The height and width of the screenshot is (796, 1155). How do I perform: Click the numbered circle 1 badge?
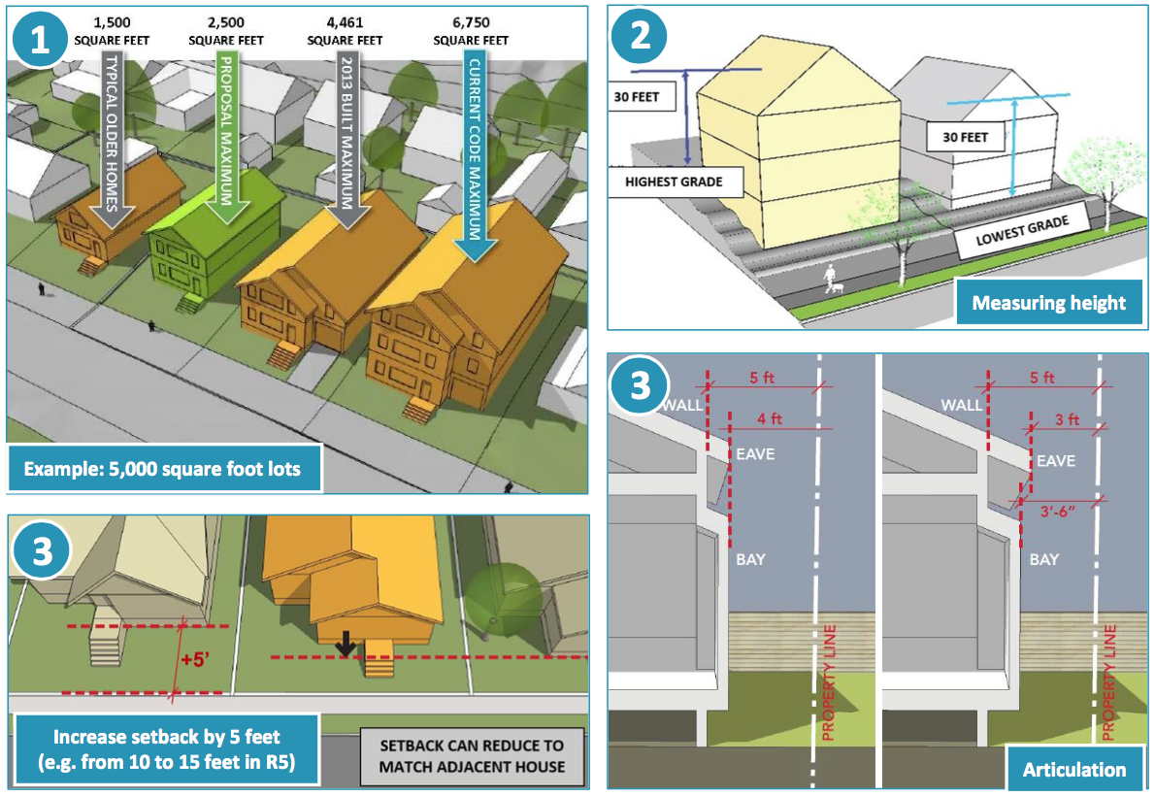40,41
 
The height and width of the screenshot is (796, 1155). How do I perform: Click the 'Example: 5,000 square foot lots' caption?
162,469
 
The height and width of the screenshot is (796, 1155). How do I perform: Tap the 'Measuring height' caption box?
1047,303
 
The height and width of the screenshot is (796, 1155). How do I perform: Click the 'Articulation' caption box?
1073,769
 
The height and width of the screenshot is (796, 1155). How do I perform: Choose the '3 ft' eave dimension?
1066,419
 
